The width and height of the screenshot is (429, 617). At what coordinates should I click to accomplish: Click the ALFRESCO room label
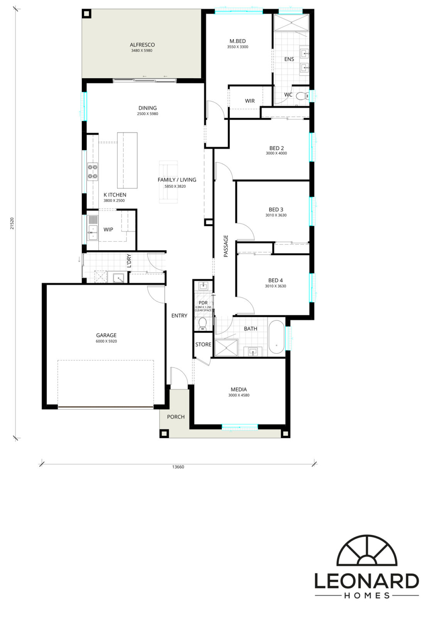pos(142,45)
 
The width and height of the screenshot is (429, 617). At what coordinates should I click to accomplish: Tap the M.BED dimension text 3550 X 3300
pos(238,47)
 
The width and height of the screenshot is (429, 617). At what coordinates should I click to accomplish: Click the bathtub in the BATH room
pos(276,337)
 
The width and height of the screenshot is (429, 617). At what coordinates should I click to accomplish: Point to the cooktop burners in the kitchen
pos(93,172)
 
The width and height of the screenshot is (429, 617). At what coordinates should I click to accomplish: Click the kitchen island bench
pos(127,160)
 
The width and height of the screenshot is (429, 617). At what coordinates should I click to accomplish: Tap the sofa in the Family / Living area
pos(168,182)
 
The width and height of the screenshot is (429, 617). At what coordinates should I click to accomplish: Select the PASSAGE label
pos(226,246)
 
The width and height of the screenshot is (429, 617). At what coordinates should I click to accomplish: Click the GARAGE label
pos(106,335)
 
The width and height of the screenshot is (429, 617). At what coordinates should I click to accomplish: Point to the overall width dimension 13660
pos(178,467)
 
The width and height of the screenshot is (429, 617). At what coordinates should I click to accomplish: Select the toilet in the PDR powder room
pos(203,324)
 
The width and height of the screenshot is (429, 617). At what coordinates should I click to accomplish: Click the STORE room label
pos(203,344)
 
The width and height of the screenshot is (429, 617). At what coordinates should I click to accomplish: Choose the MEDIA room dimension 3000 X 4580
pos(238,395)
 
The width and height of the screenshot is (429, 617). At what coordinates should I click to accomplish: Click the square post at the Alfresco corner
pos(87,13)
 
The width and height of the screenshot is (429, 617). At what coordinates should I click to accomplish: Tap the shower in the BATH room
pos(226,348)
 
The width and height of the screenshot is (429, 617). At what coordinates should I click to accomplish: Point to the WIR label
pos(250,101)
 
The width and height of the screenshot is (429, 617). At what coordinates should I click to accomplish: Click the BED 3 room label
pos(276,210)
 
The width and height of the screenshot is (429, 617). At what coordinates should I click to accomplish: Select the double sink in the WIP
pos(93,232)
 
